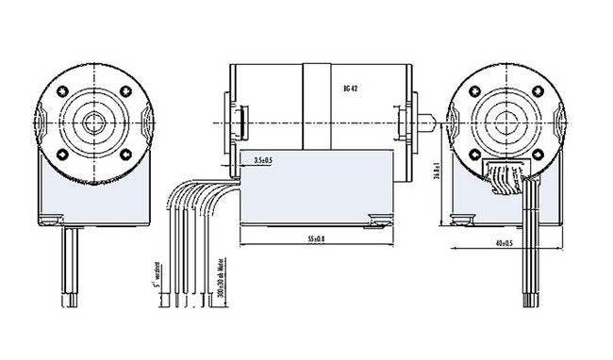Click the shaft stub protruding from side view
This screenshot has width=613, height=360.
426,122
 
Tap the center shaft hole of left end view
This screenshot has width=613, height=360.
94,122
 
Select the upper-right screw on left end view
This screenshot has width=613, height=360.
126,91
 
